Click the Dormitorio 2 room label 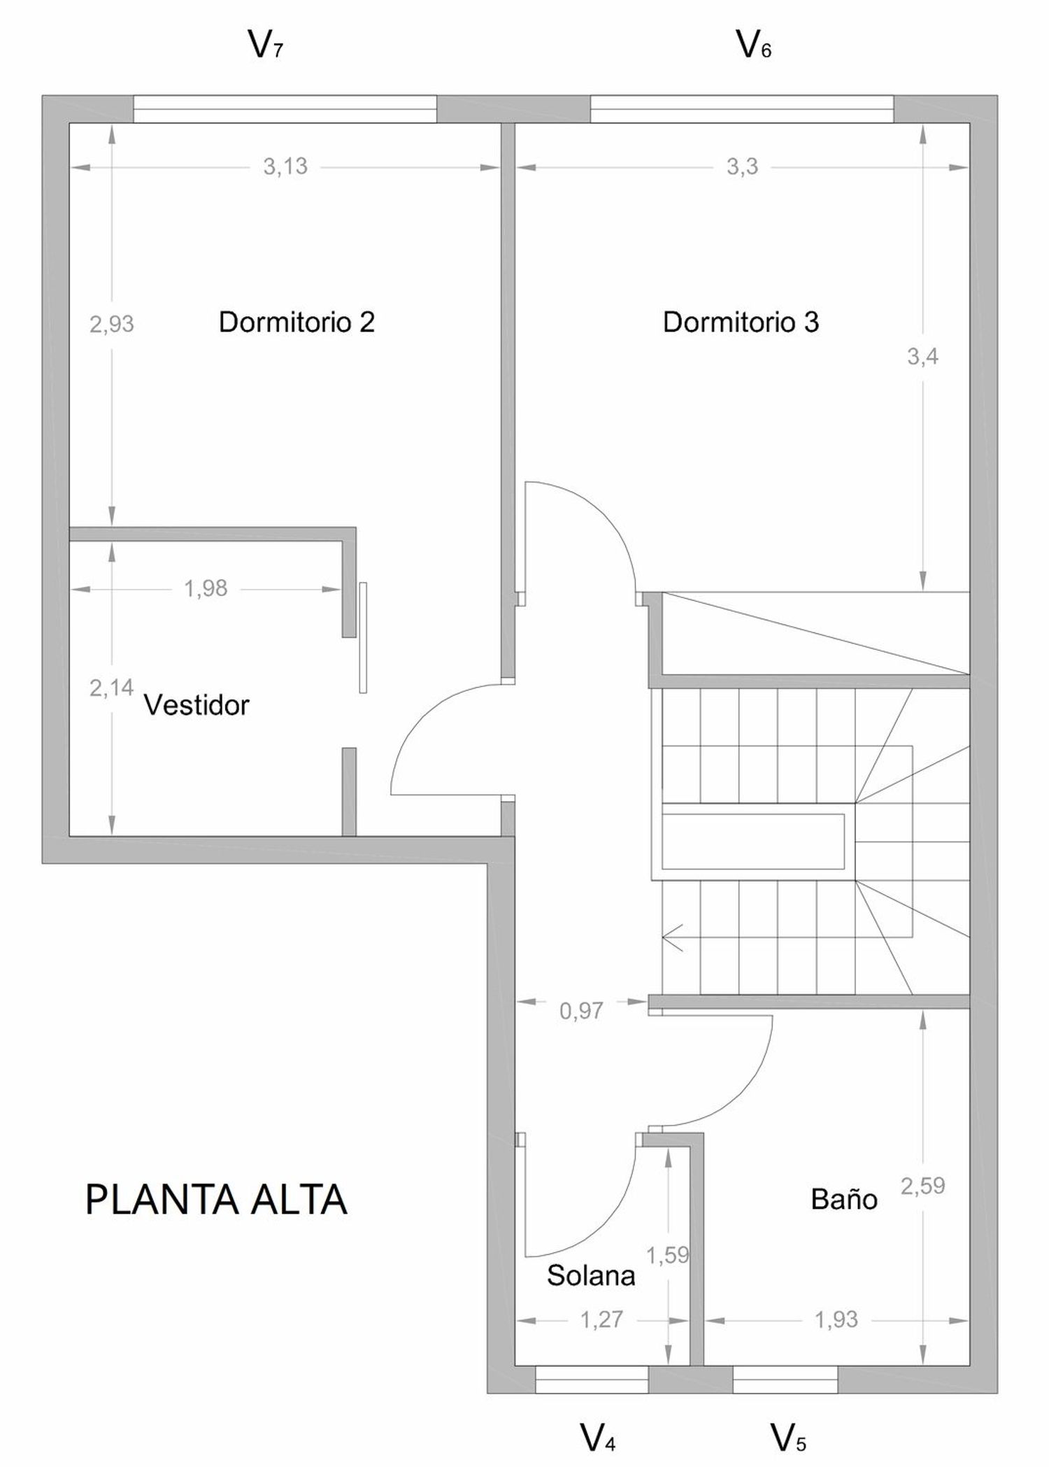[297, 323]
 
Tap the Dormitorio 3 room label [741, 323]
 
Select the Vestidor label [197, 705]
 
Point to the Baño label [843, 1199]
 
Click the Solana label [591, 1275]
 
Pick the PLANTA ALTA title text [216, 1200]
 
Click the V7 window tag [266, 45]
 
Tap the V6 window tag [754, 45]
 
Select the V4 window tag [598, 1437]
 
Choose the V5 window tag [788, 1437]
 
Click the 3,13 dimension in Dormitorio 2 [285, 166]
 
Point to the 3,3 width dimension [742, 166]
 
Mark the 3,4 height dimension [922, 357]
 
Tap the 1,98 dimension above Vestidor [206, 588]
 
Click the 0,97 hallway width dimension [581, 1010]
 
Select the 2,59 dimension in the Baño [922, 1186]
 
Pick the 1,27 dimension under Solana [601, 1319]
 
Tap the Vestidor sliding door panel [363, 637]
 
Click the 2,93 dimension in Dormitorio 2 [112, 324]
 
